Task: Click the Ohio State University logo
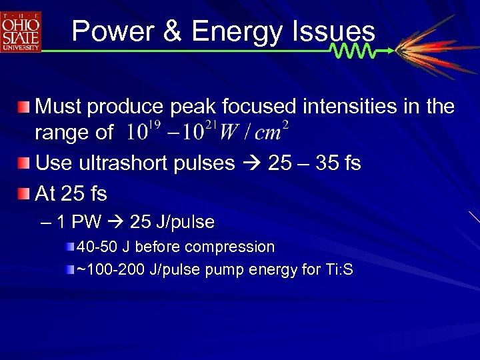pyautogui.click(x=21, y=32)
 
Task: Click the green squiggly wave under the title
pyautogui.click(x=353, y=51)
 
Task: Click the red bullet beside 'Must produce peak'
pyautogui.click(x=25, y=107)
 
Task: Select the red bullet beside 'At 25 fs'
pyautogui.click(x=25, y=194)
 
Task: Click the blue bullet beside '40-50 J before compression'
pyautogui.click(x=71, y=247)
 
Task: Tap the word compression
pyautogui.click(x=229, y=247)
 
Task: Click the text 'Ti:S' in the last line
pyautogui.click(x=338, y=270)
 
